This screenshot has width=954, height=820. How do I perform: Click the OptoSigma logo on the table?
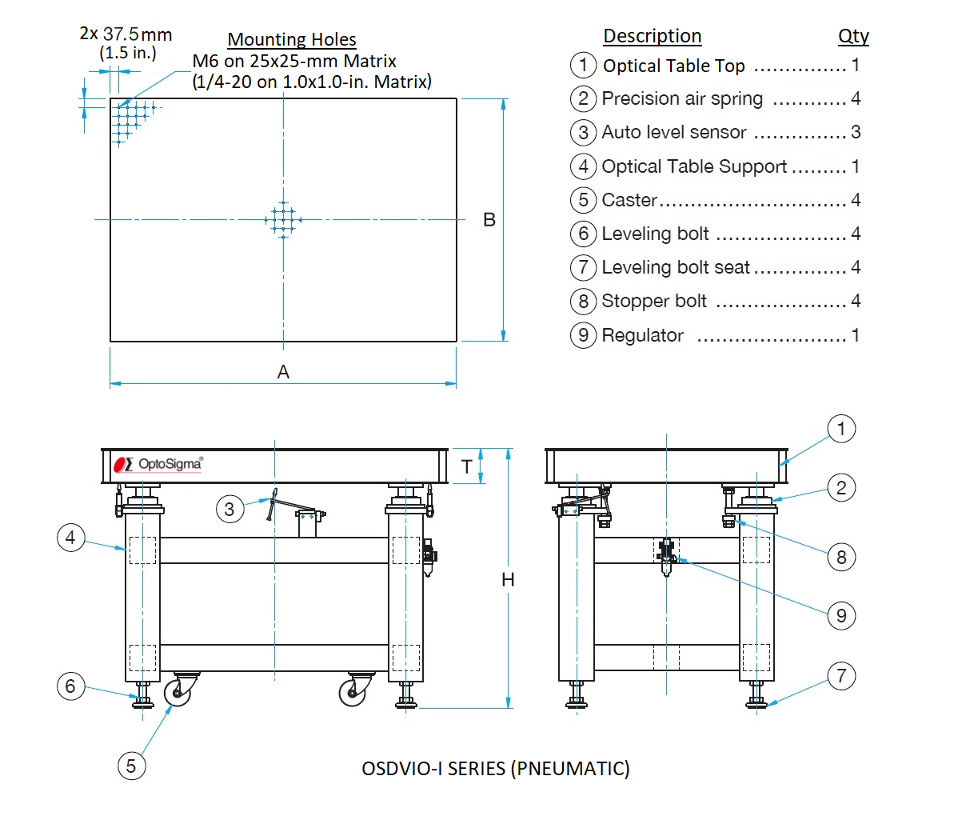pyautogui.click(x=158, y=464)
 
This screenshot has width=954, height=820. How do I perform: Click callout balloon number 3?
pyautogui.click(x=230, y=509)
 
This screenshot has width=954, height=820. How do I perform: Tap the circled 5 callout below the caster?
pyautogui.click(x=131, y=766)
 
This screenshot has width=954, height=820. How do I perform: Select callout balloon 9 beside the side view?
pyautogui.click(x=841, y=615)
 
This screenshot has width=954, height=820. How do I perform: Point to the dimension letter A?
pyautogui.click(x=283, y=372)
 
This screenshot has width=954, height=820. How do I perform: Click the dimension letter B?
pyautogui.click(x=489, y=220)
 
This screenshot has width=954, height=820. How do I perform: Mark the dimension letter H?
pyautogui.click(x=508, y=580)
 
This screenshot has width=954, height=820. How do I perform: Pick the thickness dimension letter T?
pyautogui.click(x=467, y=467)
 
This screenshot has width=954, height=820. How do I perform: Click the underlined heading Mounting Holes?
pyautogui.click(x=292, y=39)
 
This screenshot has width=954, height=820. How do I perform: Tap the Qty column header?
pyautogui.click(x=853, y=36)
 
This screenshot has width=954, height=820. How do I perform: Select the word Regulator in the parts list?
pyautogui.click(x=642, y=335)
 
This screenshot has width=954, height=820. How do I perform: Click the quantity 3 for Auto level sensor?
pyautogui.click(x=856, y=132)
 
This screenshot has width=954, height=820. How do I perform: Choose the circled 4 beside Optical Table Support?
pyautogui.click(x=583, y=166)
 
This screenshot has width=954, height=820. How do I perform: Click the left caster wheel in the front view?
pyautogui.click(x=178, y=692)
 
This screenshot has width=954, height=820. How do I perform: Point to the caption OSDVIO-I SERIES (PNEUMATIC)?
pyautogui.click(x=496, y=768)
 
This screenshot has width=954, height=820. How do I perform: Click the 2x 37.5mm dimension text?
pyautogui.click(x=126, y=34)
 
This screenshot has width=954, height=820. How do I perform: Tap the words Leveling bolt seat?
pyautogui.click(x=676, y=267)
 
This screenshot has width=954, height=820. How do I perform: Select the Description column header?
pyautogui.click(x=652, y=36)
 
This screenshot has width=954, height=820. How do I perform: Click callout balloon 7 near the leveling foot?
pyautogui.click(x=841, y=675)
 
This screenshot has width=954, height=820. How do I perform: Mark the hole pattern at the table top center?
pyautogui.click(x=283, y=219)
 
